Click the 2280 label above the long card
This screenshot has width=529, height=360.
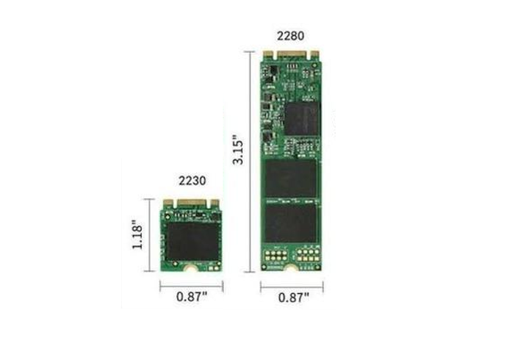pyautogui.click(x=290, y=36)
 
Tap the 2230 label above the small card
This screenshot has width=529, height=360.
pyautogui.click(x=192, y=181)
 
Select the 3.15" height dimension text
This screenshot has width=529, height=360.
pyautogui.click(x=238, y=149)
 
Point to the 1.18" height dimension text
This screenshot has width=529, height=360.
pyautogui.click(x=137, y=234)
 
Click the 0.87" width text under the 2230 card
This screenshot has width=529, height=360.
pyautogui.click(x=192, y=297)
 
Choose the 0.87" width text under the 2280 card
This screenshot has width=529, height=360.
pyautogui.click(x=293, y=298)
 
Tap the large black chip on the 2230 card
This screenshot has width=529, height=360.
pyautogui.click(x=192, y=241)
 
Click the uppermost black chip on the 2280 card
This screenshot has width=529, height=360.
pyautogui.click(x=302, y=118)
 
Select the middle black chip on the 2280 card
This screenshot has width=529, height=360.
pyautogui.click(x=291, y=178)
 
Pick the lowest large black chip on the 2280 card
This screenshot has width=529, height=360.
pyautogui.click(x=291, y=223)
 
